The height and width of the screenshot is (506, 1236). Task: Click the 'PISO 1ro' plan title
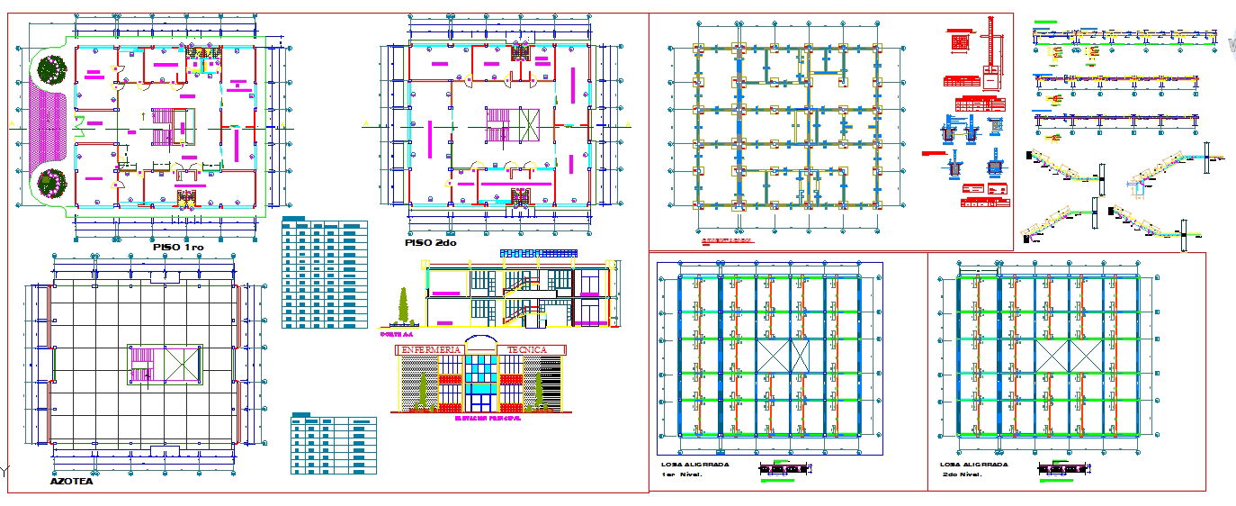pos(179,247)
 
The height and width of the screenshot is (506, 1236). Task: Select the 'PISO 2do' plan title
pos(430,243)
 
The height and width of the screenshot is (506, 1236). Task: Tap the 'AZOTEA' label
pos(71,482)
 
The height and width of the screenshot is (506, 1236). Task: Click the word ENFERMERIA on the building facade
pos(431,349)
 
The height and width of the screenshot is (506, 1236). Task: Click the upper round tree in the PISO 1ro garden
pos(53,68)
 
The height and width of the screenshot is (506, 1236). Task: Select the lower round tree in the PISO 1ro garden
pos(53,183)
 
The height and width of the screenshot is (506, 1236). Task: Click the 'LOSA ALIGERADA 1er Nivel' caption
pos(694,469)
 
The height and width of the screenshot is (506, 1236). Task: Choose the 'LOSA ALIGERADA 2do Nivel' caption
pos(973,469)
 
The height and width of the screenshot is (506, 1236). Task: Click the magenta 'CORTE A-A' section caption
pos(397,334)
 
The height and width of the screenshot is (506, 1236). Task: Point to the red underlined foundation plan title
pos(728,241)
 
